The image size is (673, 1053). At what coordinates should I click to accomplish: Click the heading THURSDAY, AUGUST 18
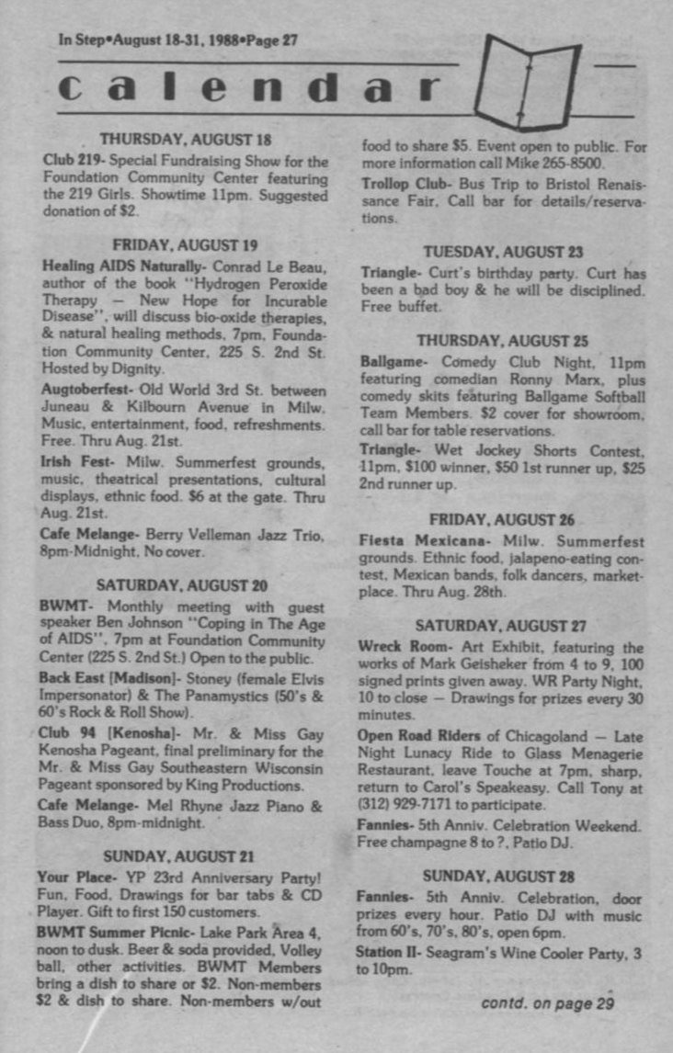185,141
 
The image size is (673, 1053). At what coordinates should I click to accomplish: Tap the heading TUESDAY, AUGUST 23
503,252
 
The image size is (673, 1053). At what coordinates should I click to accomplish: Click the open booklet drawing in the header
532,83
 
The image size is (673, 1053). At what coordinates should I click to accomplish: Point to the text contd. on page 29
547,1002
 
